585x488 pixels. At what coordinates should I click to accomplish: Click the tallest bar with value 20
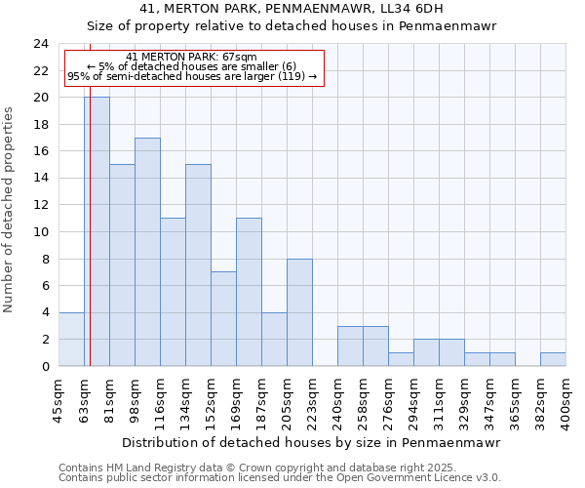(x=97, y=231)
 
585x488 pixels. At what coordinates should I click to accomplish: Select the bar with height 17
(x=147, y=252)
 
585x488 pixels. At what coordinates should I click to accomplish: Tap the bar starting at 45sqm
(x=71, y=339)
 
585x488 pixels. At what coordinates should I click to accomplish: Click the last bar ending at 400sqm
(x=553, y=359)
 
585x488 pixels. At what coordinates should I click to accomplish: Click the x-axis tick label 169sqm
(x=236, y=402)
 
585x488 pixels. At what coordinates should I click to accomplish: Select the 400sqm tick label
(x=565, y=402)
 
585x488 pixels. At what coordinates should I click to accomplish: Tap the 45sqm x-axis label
(x=58, y=400)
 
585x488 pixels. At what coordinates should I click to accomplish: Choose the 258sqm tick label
(x=363, y=402)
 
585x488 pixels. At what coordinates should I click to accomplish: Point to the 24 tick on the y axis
(x=41, y=44)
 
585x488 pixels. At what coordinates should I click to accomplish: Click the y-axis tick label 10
(x=41, y=232)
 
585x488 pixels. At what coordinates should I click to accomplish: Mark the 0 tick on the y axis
(x=45, y=367)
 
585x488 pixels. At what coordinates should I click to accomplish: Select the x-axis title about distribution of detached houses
(x=312, y=442)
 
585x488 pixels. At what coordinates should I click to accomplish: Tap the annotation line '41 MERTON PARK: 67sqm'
(x=192, y=57)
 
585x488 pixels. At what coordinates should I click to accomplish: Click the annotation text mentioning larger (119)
(x=192, y=76)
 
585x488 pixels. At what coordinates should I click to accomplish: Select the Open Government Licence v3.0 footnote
(x=280, y=477)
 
